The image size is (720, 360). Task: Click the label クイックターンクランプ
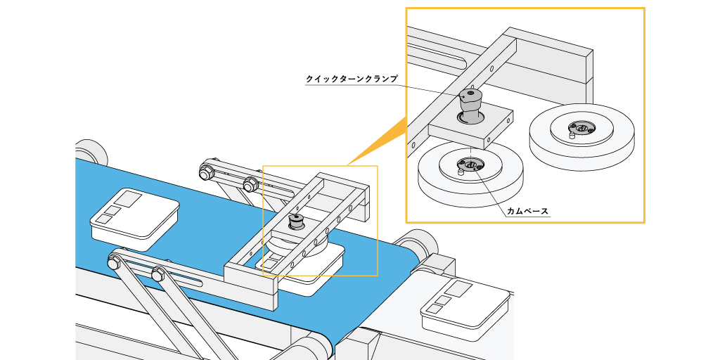click(x=352, y=79)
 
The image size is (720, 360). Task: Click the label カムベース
click(x=527, y=210)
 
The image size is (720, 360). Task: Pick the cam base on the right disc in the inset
click(x=581, y=127)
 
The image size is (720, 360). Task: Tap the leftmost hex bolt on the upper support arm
click(x=207, y=171)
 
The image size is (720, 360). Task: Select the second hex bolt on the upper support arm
click(x=249, y=185)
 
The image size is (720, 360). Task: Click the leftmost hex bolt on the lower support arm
click(x=113, y=264)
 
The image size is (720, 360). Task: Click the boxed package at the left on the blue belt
click(x=135, y=217)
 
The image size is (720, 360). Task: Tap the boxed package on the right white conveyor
click(x=464, y=307)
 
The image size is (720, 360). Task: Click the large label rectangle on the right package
click(x=460, y=289)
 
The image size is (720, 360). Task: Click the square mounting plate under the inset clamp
click(x=470, y=127)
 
